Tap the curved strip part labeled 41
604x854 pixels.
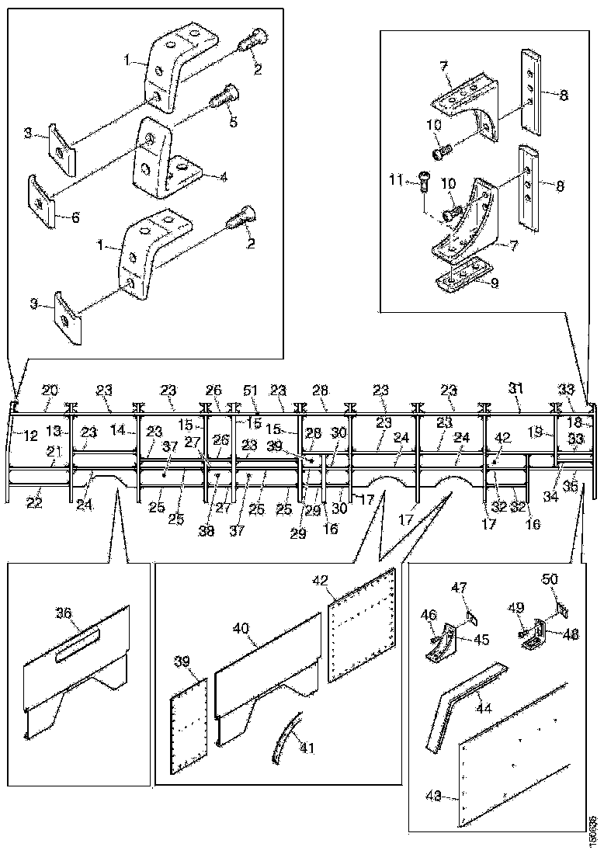pyautogui.click(x=283, y=738)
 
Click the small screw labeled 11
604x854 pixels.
pyautogui.click(x=423, y=180)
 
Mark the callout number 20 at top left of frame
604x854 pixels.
pyautogui.click(x=50, y=390)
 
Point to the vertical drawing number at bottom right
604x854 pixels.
pyautogui.click(x=593, y=828)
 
